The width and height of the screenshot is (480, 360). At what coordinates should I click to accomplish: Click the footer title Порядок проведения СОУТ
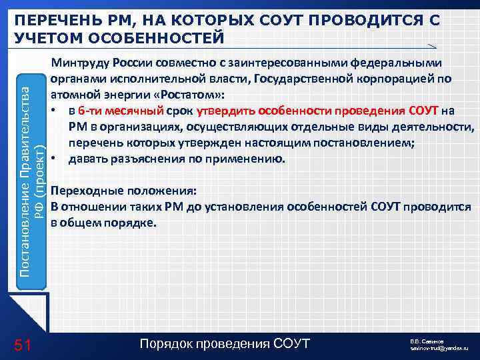226,344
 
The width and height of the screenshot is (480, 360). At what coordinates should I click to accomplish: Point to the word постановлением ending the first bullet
380,143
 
